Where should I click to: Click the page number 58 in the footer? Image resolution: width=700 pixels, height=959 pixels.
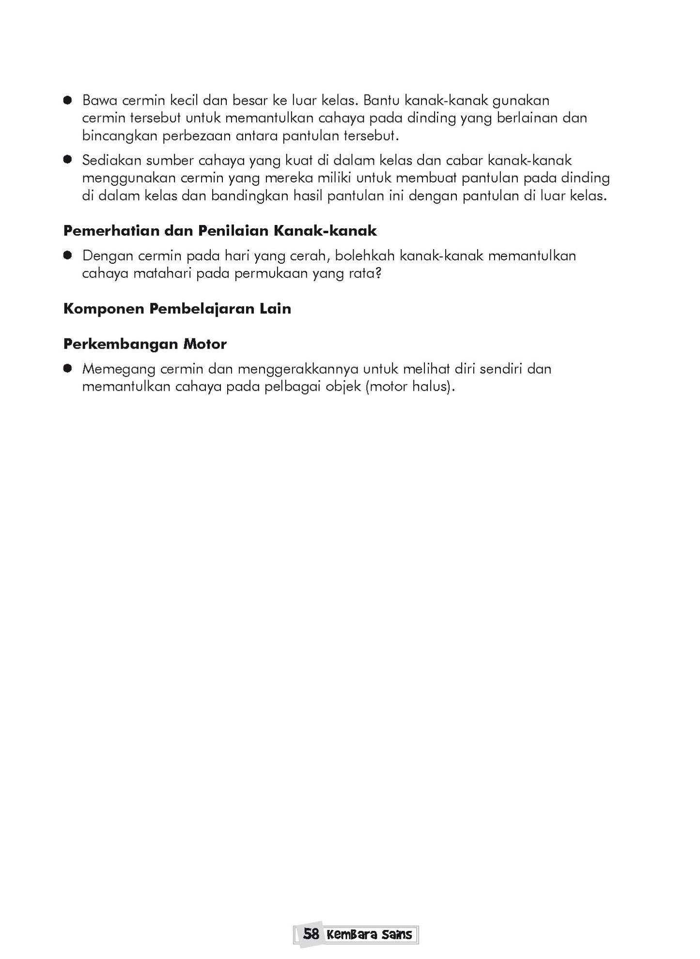click(311, 933)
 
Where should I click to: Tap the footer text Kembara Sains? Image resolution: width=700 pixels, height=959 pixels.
click(369, 934)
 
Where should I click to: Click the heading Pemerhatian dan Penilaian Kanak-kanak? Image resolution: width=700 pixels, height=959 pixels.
click(220, 231)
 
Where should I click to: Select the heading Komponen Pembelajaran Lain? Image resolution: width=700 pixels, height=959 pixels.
click(177, 309)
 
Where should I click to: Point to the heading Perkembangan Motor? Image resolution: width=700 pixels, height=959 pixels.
click(145, 344)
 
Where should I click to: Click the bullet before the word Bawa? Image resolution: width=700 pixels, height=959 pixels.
click(68, 101)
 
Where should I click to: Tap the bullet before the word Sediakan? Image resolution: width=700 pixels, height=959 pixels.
click(68, 160)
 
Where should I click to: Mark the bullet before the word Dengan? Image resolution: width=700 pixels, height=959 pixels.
click(68, 256)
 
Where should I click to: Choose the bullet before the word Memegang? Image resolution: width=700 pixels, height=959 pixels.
click(68, 369)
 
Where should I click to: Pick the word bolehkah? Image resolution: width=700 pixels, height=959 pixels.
click(365, 256)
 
